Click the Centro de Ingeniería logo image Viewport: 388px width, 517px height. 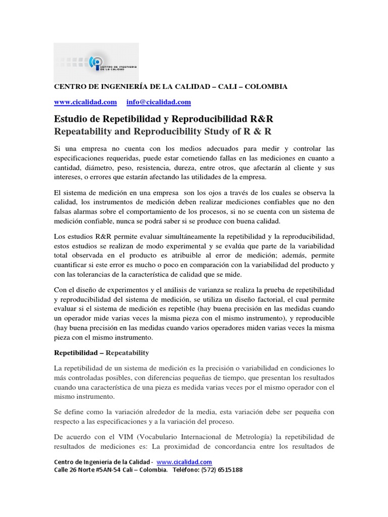(x=96, y=63)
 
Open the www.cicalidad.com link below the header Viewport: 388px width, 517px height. (x=85, y=102)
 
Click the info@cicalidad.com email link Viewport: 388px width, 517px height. (x=159, y=102)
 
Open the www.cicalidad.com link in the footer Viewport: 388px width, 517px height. (x=184, y=462)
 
